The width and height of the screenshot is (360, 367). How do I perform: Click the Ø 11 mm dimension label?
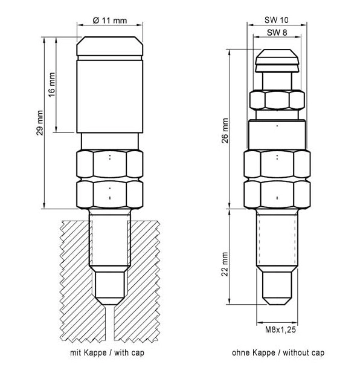110,21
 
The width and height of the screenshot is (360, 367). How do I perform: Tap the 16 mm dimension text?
52,85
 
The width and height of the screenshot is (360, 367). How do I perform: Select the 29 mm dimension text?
40,123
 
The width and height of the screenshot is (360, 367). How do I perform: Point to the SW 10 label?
277,20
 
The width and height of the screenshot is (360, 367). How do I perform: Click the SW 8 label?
277,33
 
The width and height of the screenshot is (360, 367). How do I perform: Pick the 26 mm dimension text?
225,131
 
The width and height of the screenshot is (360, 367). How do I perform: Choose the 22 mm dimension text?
225,264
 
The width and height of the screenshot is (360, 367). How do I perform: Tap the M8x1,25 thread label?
280,330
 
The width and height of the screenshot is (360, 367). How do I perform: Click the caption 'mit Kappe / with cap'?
107,352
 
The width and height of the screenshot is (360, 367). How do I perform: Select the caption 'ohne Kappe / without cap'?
278,352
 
